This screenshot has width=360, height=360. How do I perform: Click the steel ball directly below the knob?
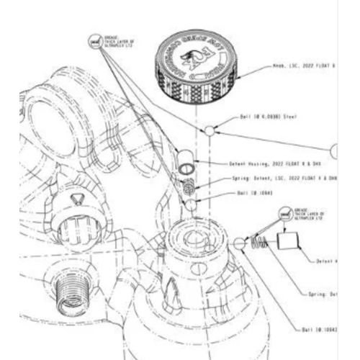point(208,130)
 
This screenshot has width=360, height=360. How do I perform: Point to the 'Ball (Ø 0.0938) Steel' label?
point(267,116)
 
